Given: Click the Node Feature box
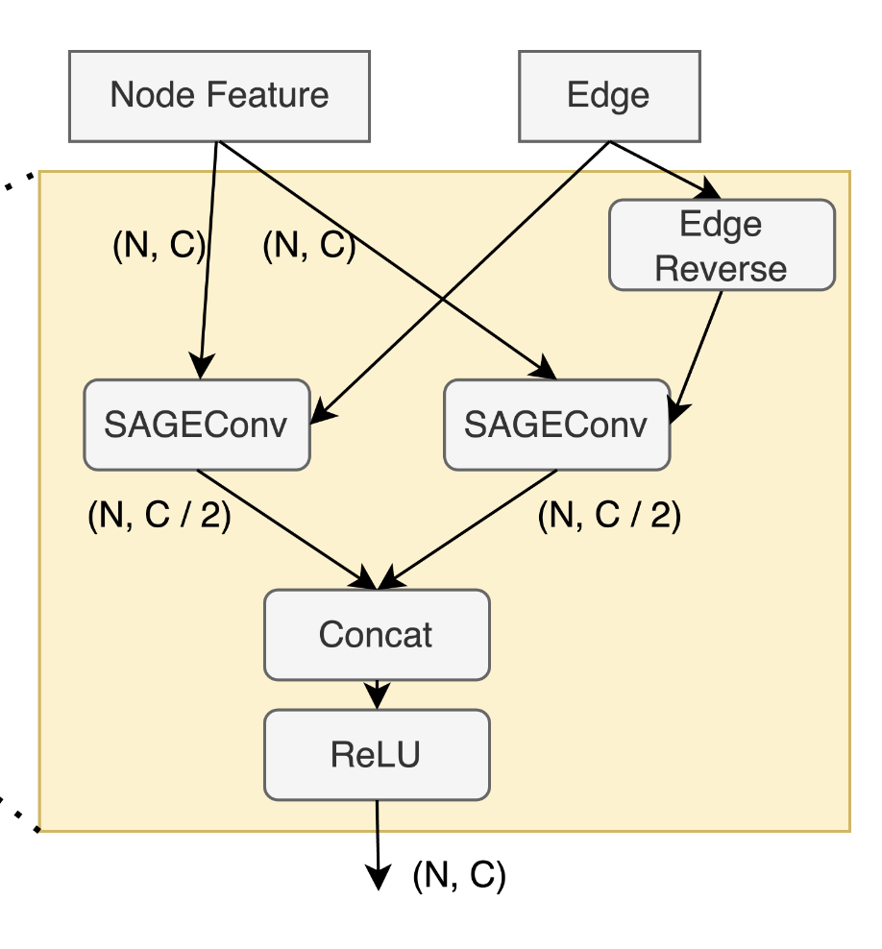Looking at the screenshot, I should pyautogui.click(x=219, y=95).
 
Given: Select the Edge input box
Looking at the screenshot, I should pyautogui.click(x=608, y=95).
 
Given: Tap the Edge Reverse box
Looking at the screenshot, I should pyautogui.click(x=722, y=245).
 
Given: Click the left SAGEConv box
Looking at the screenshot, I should pyautogui.click(x=197, y=425).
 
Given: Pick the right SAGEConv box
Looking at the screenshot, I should pyautogui.click(x=556, y=425).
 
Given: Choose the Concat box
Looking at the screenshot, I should pyautogui.click(x=377, y=634).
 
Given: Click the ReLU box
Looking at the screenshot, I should pyautogui.click(x=377, y=754).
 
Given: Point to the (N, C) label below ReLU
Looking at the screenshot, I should pyautogui.click(x=458, y=875).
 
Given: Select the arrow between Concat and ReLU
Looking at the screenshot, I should pyautogui.click(x=377, y=693).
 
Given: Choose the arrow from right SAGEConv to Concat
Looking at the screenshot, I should pyautogui.click(x=471, y=528).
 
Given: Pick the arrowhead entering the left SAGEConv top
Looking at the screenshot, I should pyautogui.click(x=200, y=368).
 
